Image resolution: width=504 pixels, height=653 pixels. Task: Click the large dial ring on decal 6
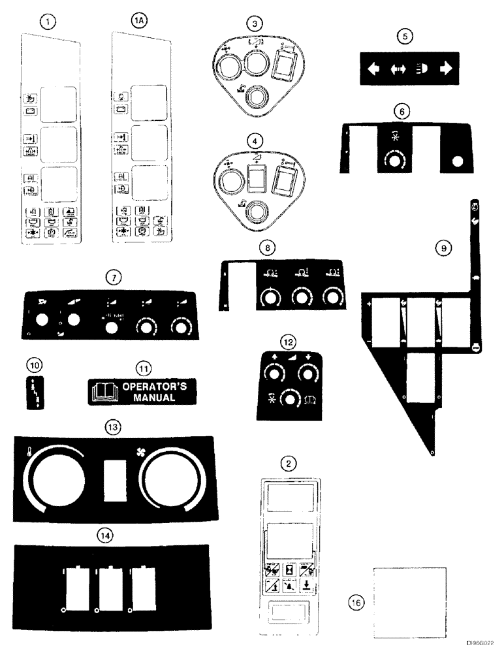click(394, 160)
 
